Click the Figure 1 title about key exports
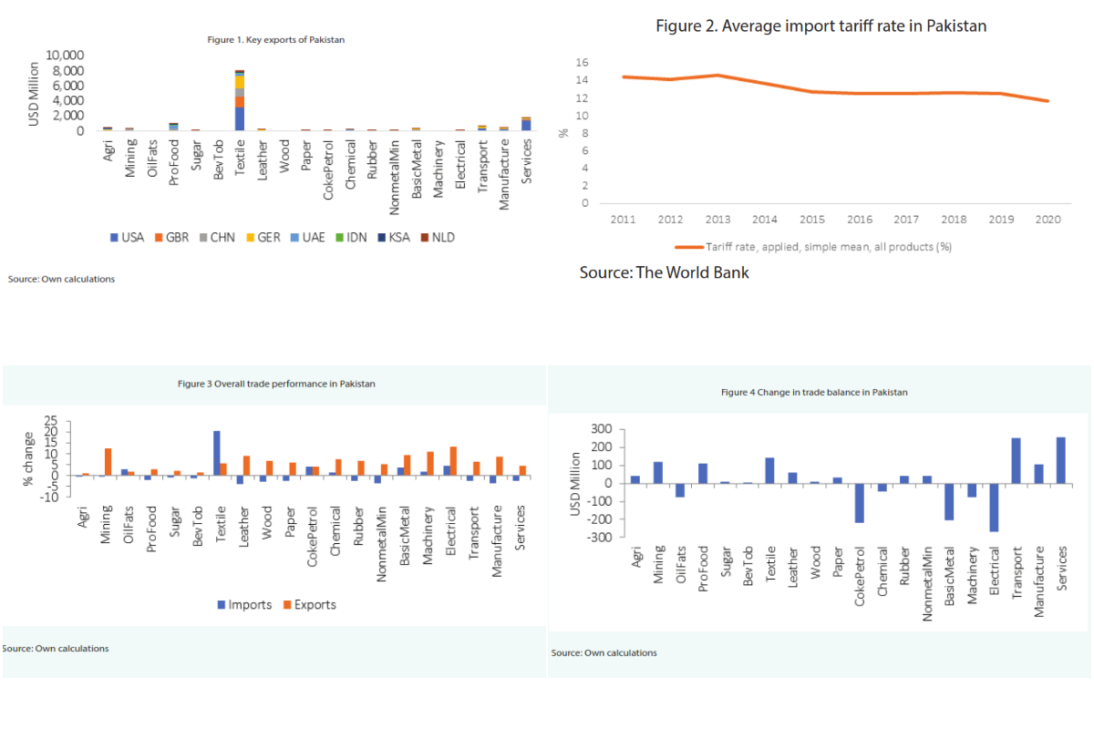click(274, 39)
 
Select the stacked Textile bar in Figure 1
click(240, 100)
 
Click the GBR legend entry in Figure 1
click(172, 238)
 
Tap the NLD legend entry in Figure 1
click(437, 238)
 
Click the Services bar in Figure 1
click(527, 124)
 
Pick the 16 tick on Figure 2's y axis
click(582, 63)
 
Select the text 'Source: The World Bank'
click(664, 272)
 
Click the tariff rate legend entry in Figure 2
click(813, 246)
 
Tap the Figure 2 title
click(820, 26)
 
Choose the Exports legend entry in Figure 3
click(308, 605)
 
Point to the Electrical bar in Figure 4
click(994, 507)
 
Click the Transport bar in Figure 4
click(1016, 461)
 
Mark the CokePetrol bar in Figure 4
click(858, 503)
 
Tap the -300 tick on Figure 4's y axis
click(598, 538)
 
